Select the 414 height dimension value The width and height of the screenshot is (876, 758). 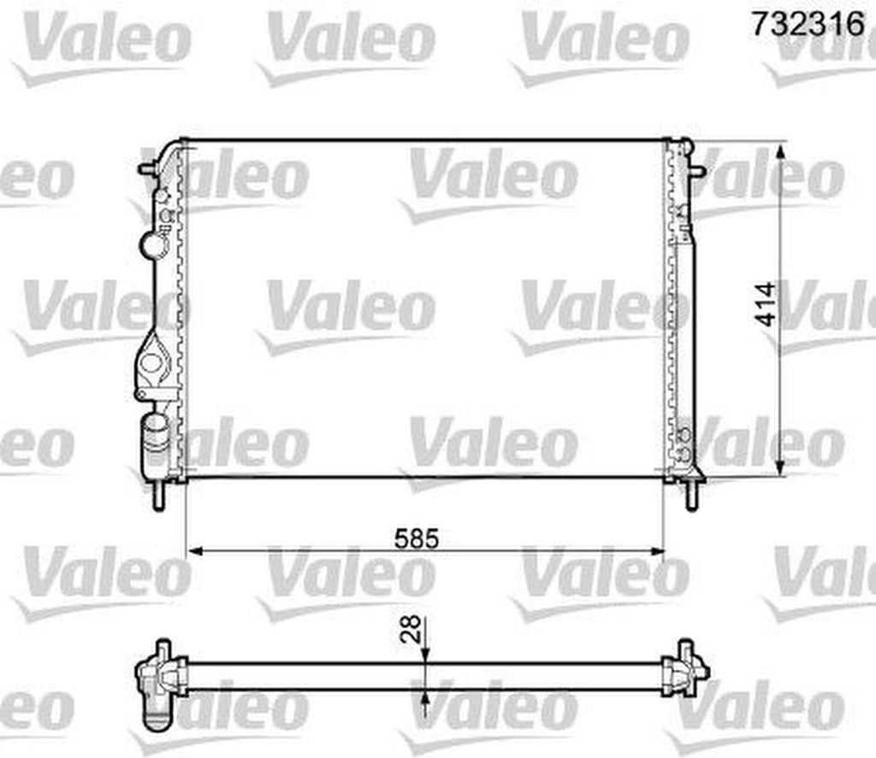pyautogui.click(x=765, y=304)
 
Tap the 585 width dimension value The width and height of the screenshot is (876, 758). pyautogui.click(x=417, y=538)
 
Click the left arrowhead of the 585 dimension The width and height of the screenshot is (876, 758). pyautogui.click(x=195, y=551)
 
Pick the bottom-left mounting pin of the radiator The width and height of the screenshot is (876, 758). pyautogui.click(x=159, y=494)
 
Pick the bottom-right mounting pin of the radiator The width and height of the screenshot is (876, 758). pyautogui.click(x=691, y=495)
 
